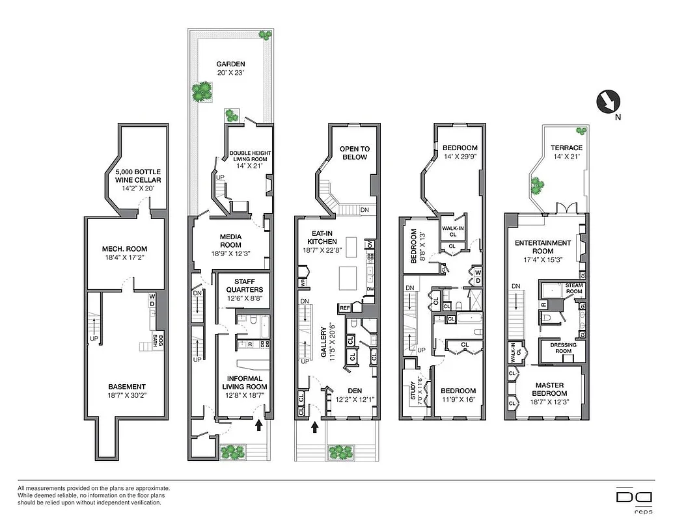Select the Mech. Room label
tap(124, 253)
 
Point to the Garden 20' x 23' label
tap(231, 68)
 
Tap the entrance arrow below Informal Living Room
tap(260, 425)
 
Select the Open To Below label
tap(354, 153)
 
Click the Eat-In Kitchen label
tap(322, 241)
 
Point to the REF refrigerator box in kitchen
tap(344, 307)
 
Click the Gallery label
tap(323, 343)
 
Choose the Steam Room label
tap(573, 288)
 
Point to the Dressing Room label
tap(563, 348)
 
